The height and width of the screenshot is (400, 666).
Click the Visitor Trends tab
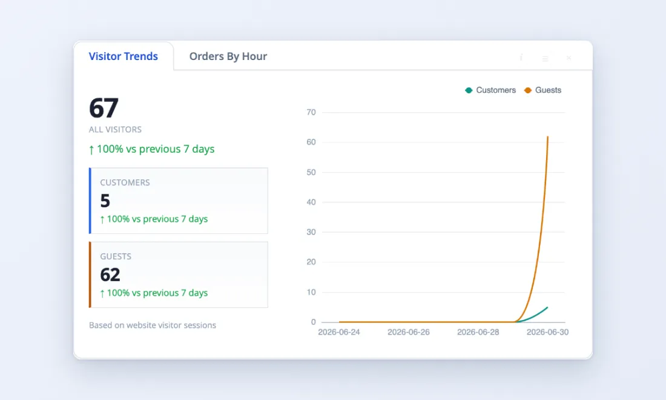[x=123, y=56]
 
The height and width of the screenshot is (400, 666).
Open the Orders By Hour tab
[x=228, y=56]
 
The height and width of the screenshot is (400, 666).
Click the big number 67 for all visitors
[x=104, y=108]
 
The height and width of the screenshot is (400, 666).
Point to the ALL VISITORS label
[x=115, y=130]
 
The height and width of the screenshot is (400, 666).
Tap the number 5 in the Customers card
[x=105, y=201]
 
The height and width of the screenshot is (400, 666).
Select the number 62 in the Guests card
[x=110, y=275]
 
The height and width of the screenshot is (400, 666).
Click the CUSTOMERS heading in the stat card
[x=125, y=182]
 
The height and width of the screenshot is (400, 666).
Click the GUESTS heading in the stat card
[x=116, y=256]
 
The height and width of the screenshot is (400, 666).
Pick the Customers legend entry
[x=490, y=90]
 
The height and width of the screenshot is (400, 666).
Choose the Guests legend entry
[x=543, y=90]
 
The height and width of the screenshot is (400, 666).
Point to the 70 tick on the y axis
[x=311, y=112]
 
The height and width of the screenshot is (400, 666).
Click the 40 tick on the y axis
[x=311, y=202]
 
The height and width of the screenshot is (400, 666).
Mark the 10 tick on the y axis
[x=311, y=292]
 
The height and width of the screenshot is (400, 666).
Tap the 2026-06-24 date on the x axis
[x=339, y=332]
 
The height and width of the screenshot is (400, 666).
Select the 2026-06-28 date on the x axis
[x=478, y=332]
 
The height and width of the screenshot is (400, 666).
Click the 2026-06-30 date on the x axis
[x=547, y=332]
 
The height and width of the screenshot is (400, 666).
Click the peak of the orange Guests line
[x=547, y=137]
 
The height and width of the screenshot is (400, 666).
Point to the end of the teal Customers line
[x=547, y=307]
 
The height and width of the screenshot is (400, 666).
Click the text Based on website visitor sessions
[x=153, y=325]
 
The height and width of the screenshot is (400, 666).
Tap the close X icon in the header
[x=569, y=58]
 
